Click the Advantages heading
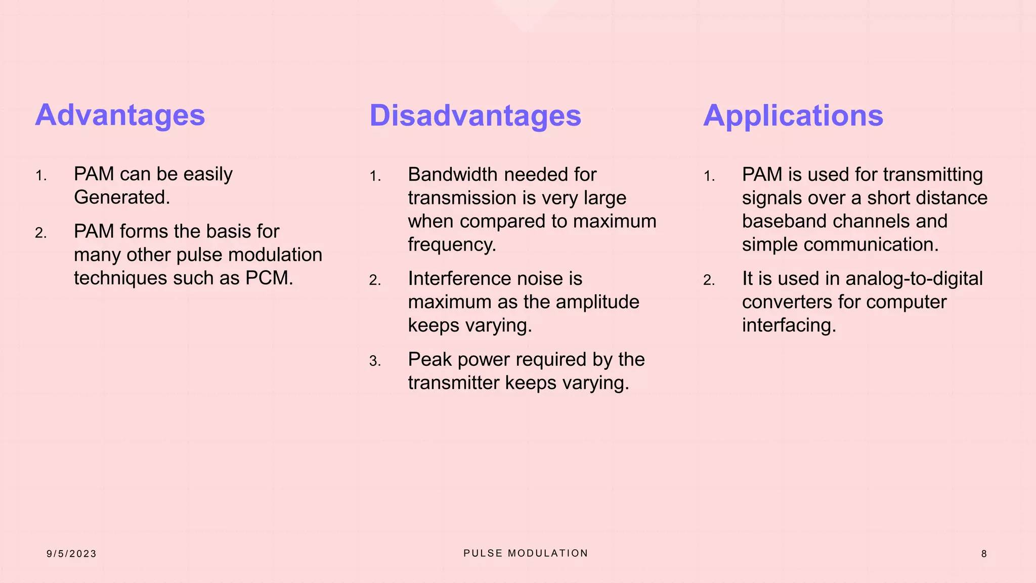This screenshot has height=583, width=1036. coord(120,115)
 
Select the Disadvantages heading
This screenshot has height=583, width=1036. coord(475,115)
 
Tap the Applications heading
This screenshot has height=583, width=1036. coord(793,115)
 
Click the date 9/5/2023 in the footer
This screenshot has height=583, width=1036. coord(71,554)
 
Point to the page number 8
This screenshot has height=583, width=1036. coord(984,554)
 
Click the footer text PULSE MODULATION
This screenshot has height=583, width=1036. coord(526,553)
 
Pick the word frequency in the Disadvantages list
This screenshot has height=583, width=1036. coord(452,244)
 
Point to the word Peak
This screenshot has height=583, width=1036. coord(429,359)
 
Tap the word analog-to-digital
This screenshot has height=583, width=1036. coord(914,278)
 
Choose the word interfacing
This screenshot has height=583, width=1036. coord(789,325)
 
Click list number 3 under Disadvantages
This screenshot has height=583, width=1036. coord(375,361)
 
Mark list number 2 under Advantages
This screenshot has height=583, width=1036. coord(40,233)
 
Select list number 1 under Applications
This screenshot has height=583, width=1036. coord(709,176)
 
